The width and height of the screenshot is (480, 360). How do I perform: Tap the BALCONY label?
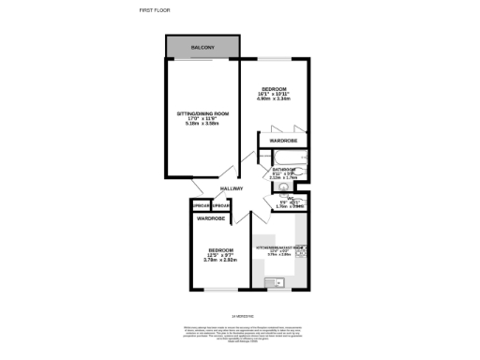203,48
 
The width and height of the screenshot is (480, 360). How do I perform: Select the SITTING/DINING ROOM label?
202,112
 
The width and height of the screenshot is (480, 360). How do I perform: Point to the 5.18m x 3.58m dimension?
202,124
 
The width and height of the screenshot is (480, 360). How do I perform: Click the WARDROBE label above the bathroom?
283,141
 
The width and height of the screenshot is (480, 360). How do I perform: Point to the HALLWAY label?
232,188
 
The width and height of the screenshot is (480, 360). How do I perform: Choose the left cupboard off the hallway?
201,206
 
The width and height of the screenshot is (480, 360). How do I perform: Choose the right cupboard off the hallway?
220,206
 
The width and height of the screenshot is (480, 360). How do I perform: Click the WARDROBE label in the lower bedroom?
210,218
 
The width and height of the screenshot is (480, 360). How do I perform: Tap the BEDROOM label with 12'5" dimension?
221,250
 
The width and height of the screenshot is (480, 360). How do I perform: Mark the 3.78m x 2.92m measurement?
221,261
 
